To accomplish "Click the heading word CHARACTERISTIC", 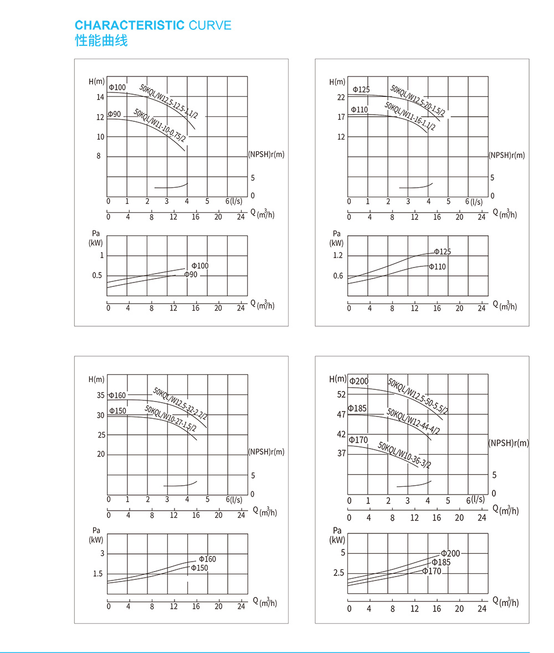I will pos(130,25).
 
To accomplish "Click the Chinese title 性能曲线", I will pos(101,41).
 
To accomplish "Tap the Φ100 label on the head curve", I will pos(117,88).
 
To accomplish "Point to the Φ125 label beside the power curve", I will pos(442,251).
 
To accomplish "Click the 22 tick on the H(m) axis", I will pos(341,97).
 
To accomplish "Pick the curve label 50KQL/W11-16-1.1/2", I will pos(410,117).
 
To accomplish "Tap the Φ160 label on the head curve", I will pos(117,395).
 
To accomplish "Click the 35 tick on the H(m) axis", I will pos(100,395).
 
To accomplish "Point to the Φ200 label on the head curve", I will pos(358,381).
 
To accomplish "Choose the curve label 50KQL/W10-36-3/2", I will pos(404,455).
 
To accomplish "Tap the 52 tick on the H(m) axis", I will pos(341,394).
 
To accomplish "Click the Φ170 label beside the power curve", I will pos(432,571).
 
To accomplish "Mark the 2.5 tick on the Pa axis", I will pos(338,573).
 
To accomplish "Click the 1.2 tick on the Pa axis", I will pos(338,255).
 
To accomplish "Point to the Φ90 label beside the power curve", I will pos(191,275).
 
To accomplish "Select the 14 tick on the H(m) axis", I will pos(100,97).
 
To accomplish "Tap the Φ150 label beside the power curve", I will pos(199,568).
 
